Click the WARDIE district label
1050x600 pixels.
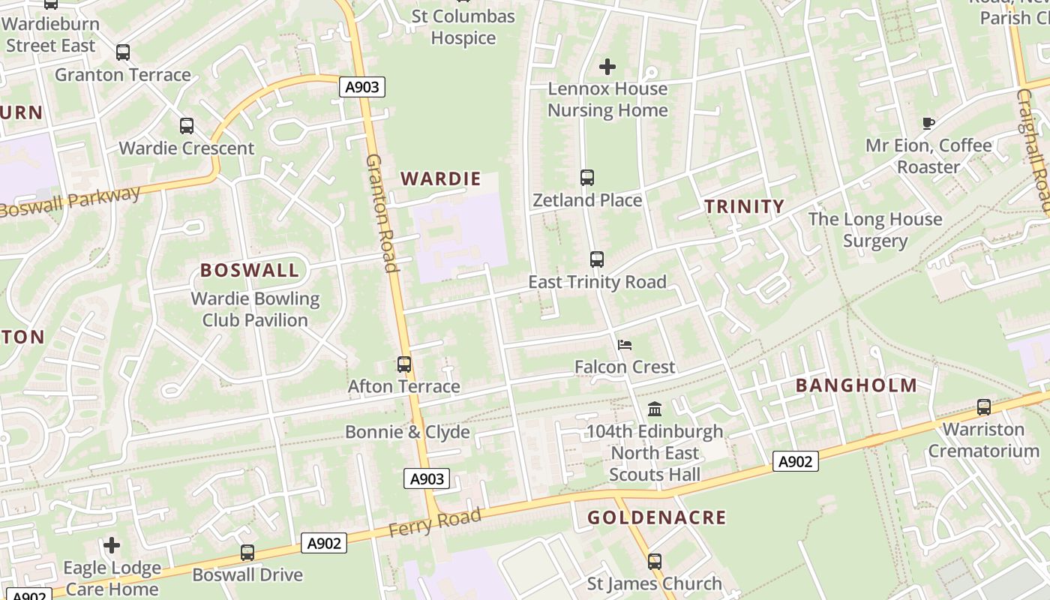pos(440,178)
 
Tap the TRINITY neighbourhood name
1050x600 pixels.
pos(744,206)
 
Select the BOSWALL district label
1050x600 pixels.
pos(250,270)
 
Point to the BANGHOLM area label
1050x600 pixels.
pos(856,385)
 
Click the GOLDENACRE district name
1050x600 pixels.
pos(656,517)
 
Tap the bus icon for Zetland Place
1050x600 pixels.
pos(587,178)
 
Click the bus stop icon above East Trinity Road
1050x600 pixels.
pos(597,259)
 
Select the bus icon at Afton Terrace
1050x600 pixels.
pos(404,364)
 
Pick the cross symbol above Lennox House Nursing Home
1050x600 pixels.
pos(607,67)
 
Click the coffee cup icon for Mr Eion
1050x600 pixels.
pos(928,123)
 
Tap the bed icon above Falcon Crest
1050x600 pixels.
pos(625,345)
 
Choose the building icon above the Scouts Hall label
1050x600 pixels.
pos(655,409)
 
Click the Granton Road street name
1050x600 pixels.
pos(381,214)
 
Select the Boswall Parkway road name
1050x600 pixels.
pos(70,202)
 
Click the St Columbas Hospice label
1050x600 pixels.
pos(463,27)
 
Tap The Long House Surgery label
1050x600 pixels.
pos(875,229)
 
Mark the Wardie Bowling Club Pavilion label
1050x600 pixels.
pos(255,309)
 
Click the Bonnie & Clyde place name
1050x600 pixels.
pos(407,432)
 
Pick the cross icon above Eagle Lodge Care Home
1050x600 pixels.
pos(112,545)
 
